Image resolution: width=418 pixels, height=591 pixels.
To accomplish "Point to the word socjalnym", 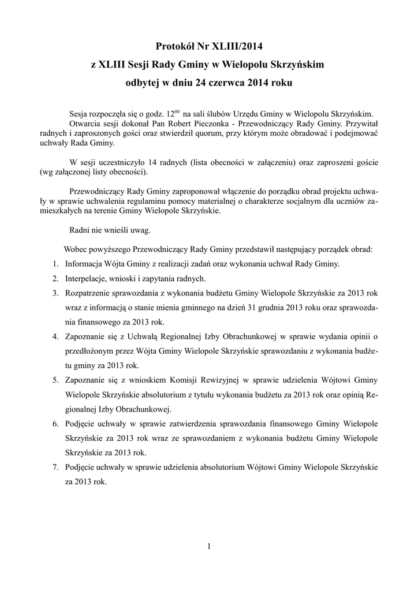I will [x=288, y=201].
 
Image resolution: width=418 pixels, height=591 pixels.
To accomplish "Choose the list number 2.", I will [x=54, y=278].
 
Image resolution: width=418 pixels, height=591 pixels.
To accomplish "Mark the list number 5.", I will [x=54, y=381].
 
